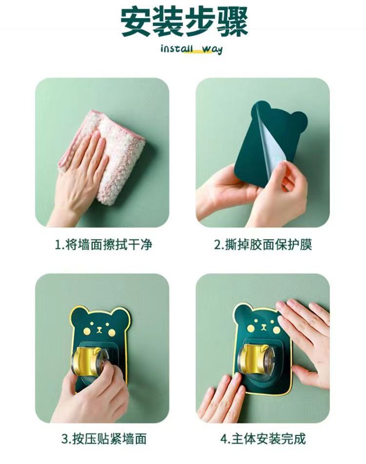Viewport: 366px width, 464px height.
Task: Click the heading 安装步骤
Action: coord(184,22)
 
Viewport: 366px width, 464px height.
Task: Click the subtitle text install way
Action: coord(191,49)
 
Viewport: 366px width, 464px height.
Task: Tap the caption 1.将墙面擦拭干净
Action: coord(103,245)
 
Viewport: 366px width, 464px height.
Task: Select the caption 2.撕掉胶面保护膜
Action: coord(263,245)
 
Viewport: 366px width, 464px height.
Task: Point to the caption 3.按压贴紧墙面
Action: coord(104,439)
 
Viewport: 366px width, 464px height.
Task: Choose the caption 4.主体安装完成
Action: coord(263,439)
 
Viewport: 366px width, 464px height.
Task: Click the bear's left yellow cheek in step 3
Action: coord(86,330)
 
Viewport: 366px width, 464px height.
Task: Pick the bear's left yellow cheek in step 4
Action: coord(251,328)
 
